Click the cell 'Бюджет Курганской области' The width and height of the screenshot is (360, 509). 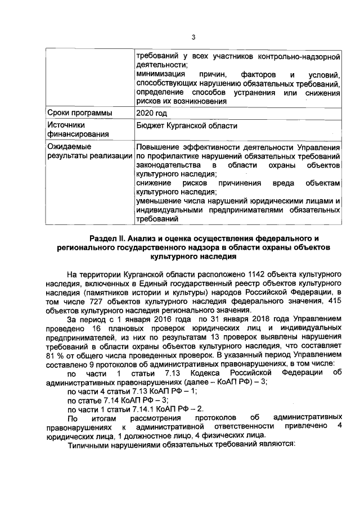[186, 126]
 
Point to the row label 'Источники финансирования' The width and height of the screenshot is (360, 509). [70, 130]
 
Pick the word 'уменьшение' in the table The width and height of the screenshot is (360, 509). [159, 201]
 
